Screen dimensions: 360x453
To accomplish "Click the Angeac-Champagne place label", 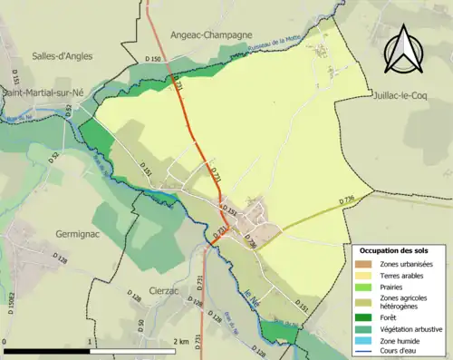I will tap(210, 34).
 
